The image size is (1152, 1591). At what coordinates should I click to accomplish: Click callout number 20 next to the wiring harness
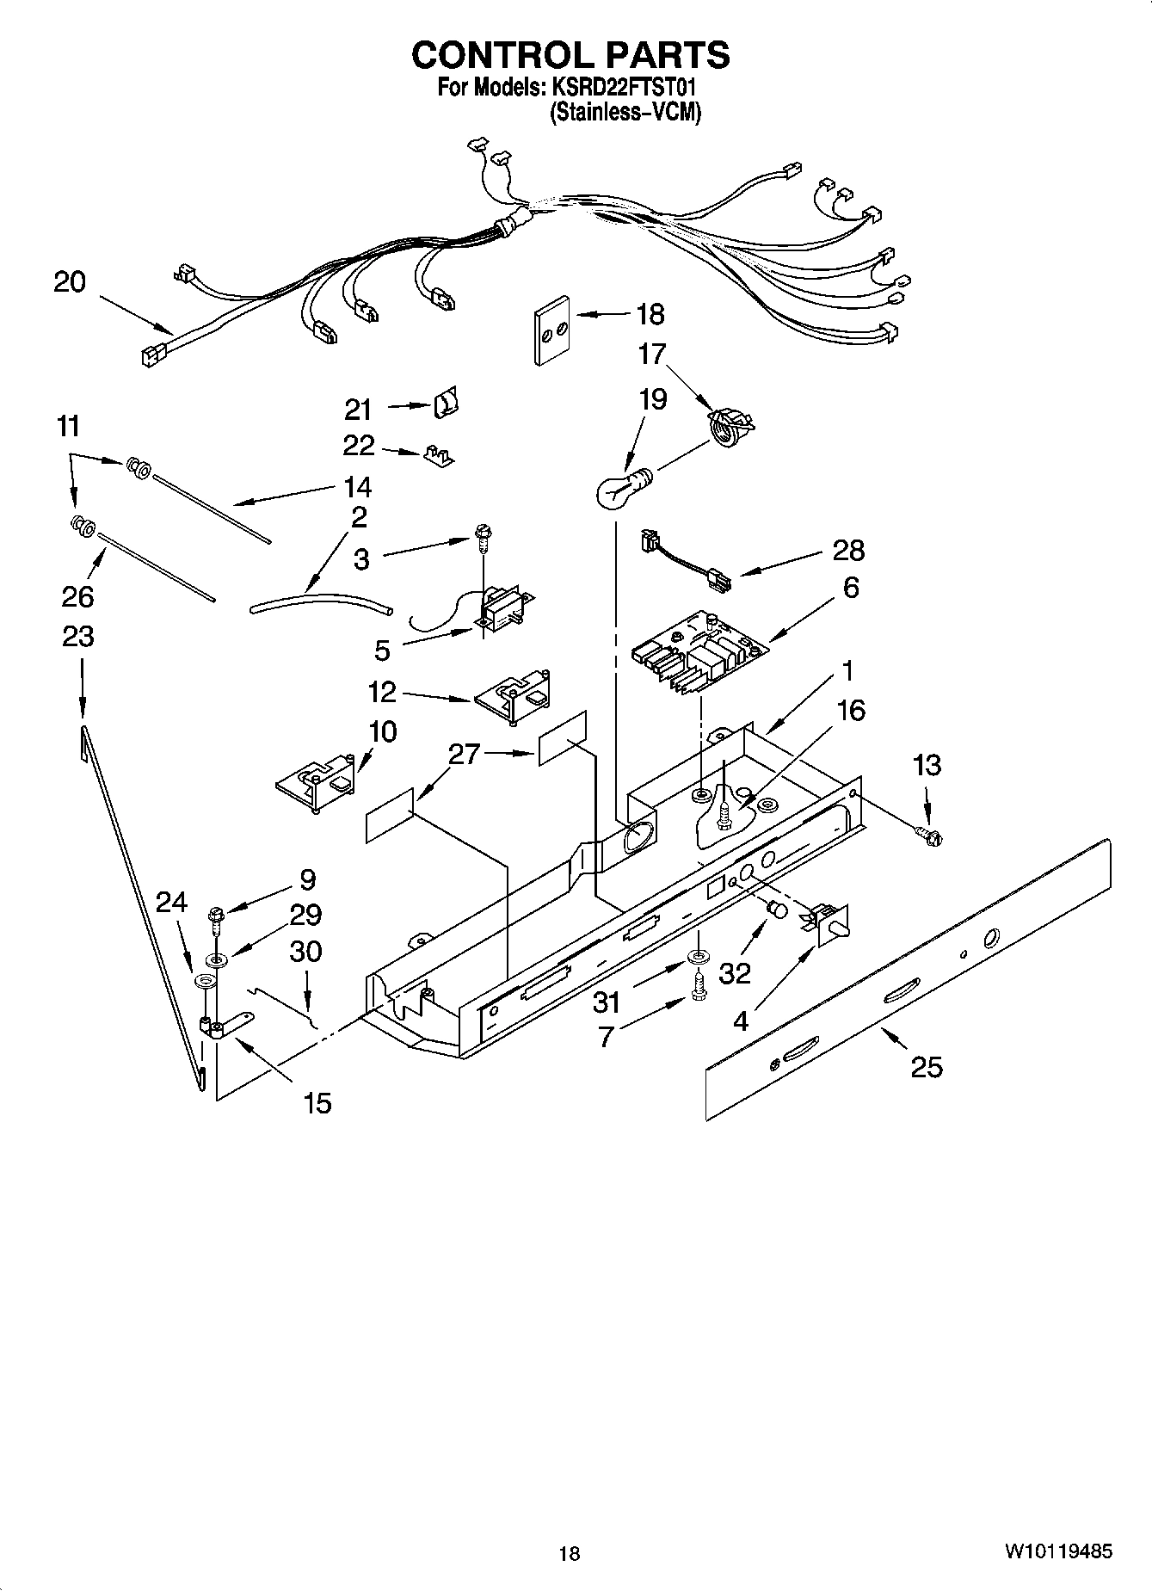[70, 281]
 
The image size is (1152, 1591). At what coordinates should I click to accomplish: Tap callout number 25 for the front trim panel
[926, 1068]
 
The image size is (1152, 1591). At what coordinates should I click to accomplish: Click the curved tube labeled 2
[321, 601]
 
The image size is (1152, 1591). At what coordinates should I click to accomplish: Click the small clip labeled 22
[439, 455]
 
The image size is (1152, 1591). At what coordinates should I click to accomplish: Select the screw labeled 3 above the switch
[482, 541]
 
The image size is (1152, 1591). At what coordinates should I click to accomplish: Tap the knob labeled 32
[777, 910]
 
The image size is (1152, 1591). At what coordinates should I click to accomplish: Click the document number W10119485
[1057, 1551]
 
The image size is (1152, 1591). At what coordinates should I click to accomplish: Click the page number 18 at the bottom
[569, 1552]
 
